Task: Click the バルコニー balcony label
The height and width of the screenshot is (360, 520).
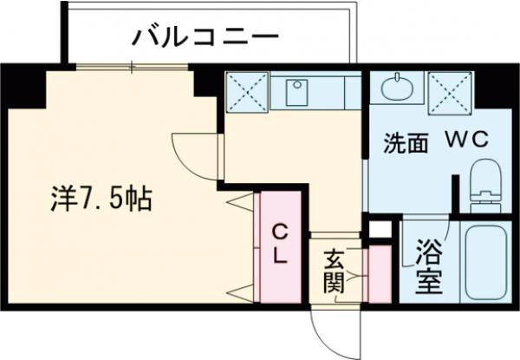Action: tap(205, 37)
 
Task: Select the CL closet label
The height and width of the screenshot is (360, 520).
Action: tap(279, 245)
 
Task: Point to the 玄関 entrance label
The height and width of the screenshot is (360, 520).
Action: tap(335, 270)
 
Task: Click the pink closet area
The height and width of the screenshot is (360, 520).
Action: tap(279, 247)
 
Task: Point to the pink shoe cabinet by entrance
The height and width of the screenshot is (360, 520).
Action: tap(379, 274)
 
